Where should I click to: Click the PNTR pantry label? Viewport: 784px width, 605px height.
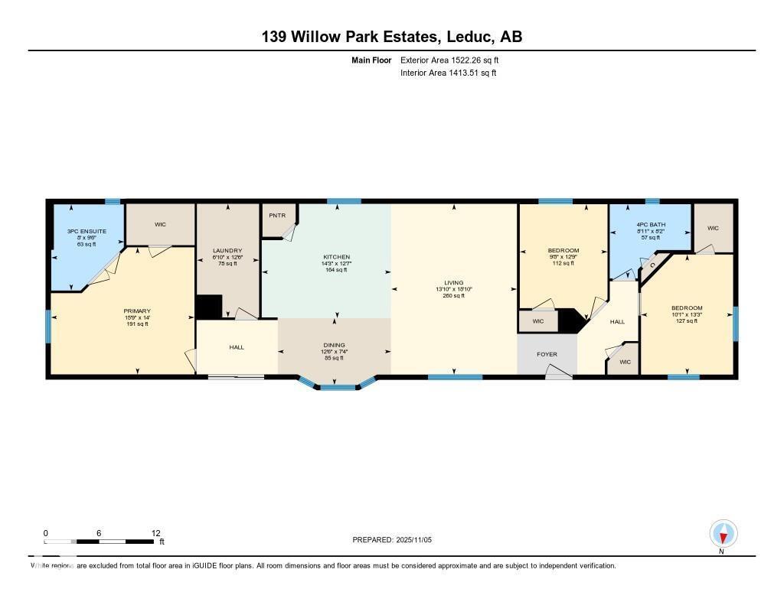coord(277,216)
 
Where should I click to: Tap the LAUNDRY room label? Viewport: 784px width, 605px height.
coord(228,251)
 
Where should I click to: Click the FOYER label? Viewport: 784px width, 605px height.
coord(547,354)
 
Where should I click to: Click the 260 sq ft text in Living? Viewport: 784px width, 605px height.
coord(454,296)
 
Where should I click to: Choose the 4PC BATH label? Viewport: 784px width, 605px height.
coord(651,225)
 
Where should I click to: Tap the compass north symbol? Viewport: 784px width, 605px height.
coord(723,534)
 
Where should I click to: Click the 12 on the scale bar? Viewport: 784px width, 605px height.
coord(155,533)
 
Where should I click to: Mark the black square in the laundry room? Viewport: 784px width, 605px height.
coord(208,307)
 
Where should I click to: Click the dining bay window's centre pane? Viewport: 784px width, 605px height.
coord(335,388)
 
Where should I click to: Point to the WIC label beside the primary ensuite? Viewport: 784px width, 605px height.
coord(160,224)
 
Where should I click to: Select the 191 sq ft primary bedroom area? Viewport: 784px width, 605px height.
coord(137,324)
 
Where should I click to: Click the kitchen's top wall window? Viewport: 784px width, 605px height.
coord(344,201)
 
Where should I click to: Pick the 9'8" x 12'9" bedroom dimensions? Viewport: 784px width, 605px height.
coord(563,257)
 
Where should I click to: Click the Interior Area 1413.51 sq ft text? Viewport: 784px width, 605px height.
coord(449,73)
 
